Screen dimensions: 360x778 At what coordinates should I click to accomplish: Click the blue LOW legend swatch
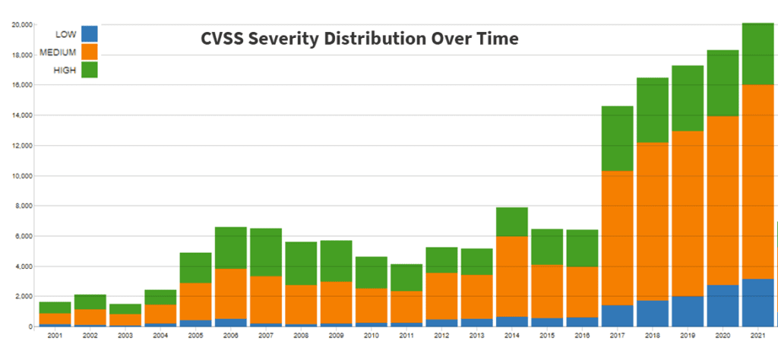tap(90, 34)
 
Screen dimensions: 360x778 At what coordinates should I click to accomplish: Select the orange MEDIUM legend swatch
tap(90, 52)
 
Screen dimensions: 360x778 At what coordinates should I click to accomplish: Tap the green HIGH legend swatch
tap(90, 69)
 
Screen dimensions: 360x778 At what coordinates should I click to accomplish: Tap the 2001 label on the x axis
tap(55, 335)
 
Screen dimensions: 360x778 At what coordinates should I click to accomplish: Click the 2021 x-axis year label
tap(757, 335)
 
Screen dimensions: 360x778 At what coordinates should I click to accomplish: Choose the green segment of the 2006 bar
tap(230, 248)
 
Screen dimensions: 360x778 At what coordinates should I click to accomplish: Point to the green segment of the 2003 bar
tap(125, 308)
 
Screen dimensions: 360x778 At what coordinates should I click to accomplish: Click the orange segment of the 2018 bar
tap(652, 221)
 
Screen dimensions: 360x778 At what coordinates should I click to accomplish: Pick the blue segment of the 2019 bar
tap(687, 311)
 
